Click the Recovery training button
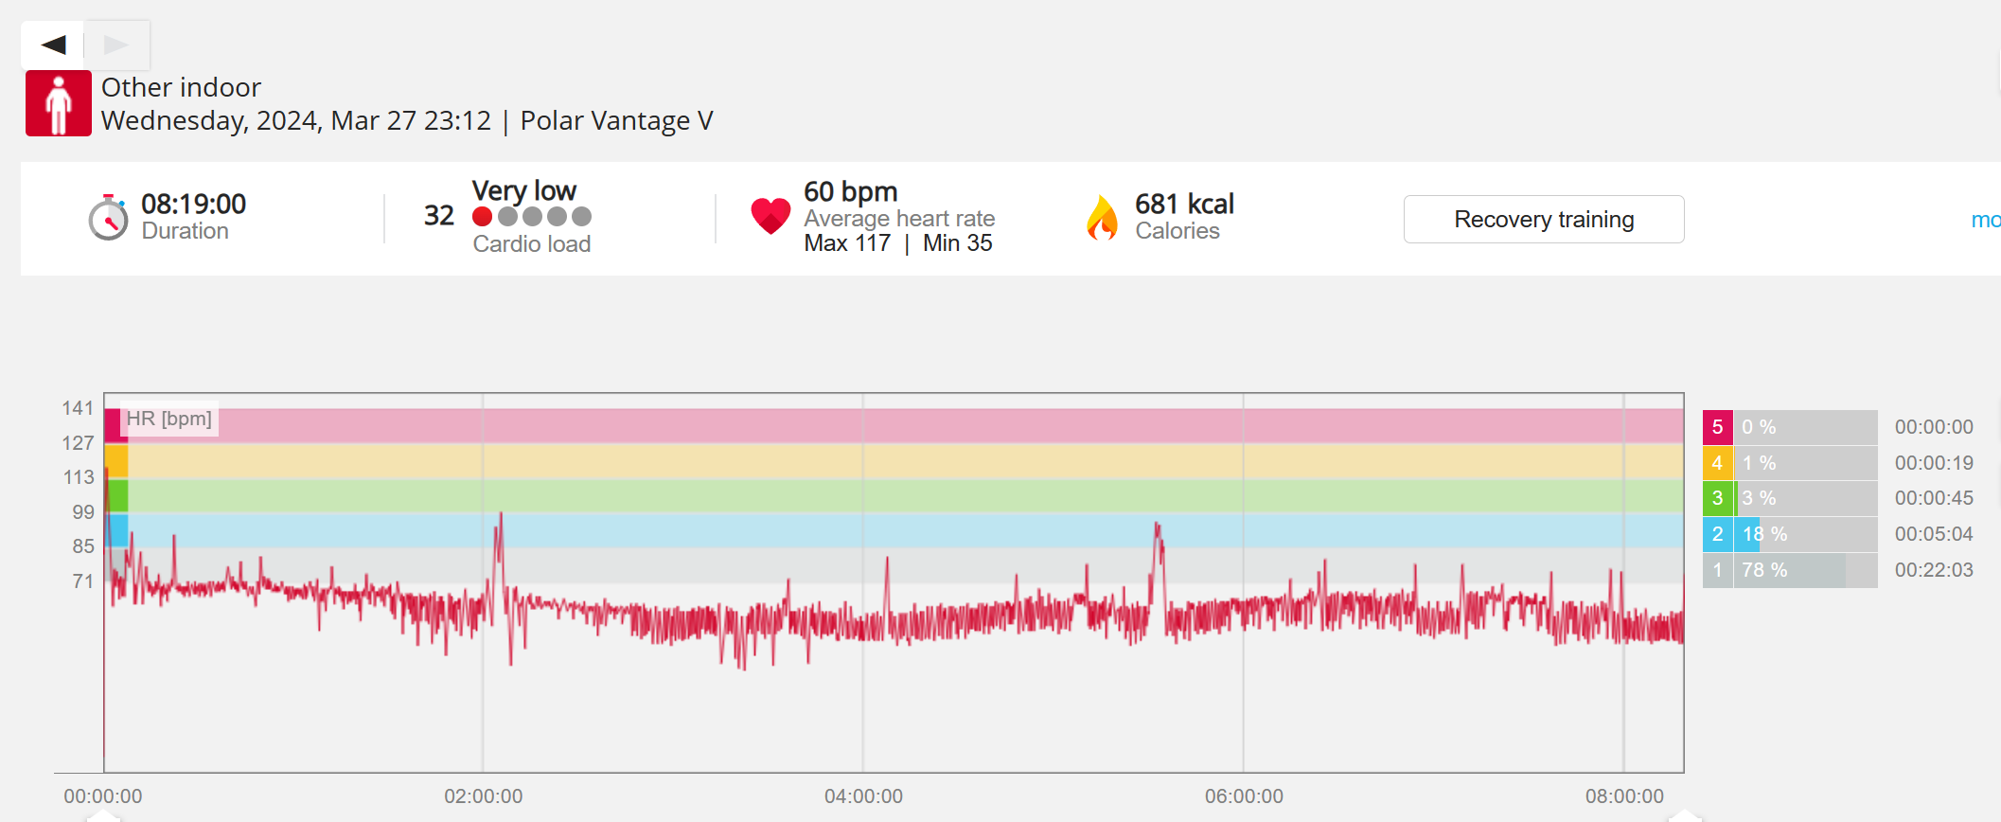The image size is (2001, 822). coord(1543,220)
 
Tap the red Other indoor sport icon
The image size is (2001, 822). coord(59,103)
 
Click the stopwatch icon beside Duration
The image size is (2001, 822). coord(109,218)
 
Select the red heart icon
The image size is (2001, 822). coord(770,216)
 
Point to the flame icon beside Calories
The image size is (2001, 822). coord(1102,218)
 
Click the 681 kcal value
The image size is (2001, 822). coord(1184,205)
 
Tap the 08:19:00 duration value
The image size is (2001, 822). coord(193,205)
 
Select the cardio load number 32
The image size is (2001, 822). coord(438,216)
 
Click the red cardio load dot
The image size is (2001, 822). coord(482,217)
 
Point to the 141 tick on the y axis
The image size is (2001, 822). coord(78,408)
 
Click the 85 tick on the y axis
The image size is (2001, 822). coord(83,546)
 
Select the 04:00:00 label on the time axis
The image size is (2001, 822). coord(863,796)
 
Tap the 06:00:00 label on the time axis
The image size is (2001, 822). coord(1244,796)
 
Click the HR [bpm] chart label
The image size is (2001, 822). coord(169,419)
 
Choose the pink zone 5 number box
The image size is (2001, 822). coord(1717,427)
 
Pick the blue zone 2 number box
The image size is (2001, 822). coord(1717,534)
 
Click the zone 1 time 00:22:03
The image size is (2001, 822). coord(1933,570)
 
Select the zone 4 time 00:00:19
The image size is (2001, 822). coord(1933,463)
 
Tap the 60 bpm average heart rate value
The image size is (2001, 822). coord(850,192)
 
